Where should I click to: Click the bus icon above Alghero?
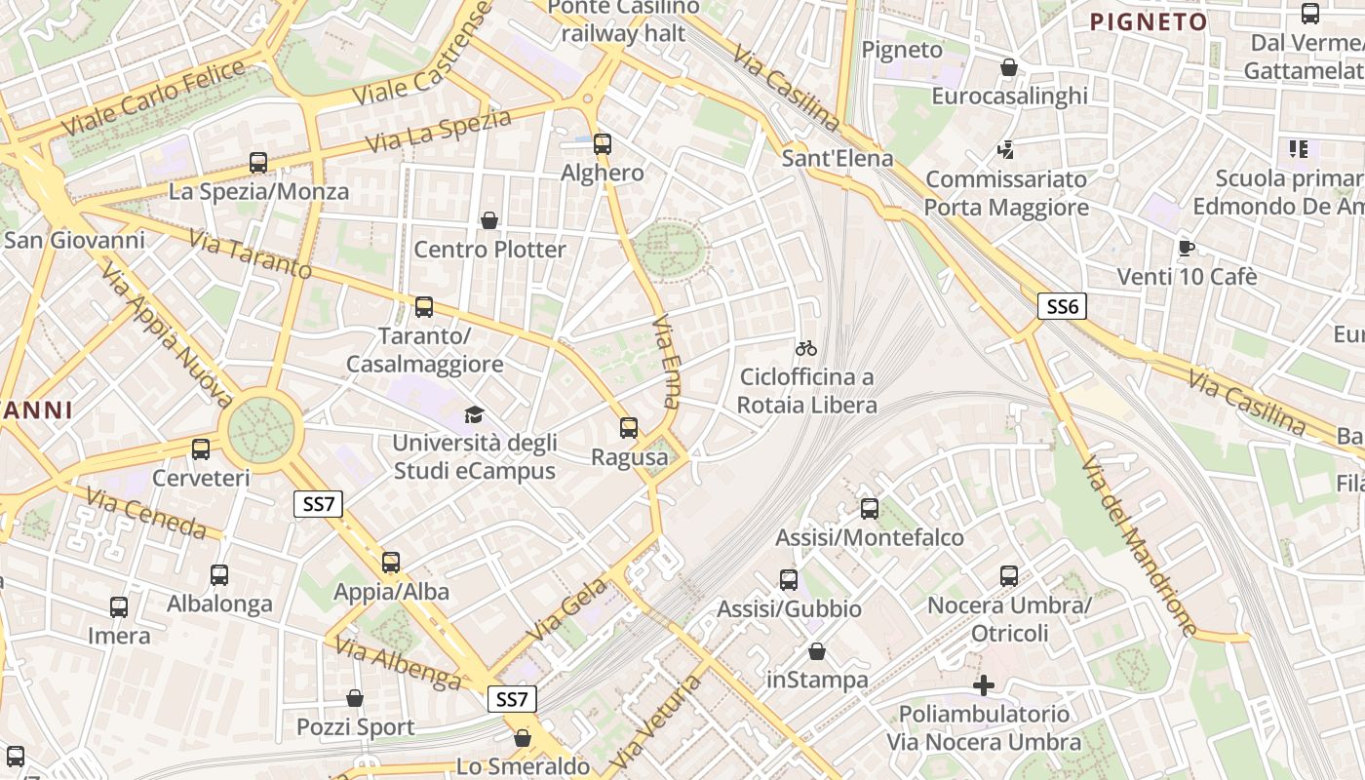coord(603,144)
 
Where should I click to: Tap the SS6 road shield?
coord(1061,307)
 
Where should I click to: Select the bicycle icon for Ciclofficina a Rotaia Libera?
coord(806,348)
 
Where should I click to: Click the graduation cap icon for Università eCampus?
coord(474,414)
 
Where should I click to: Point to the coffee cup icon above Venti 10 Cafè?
coord(1187,248)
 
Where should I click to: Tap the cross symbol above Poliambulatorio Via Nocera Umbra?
coord(984,685)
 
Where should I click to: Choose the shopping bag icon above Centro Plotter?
coord(489,221)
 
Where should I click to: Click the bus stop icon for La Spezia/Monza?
coord(258,163)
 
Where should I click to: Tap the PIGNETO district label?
coord(1148,21)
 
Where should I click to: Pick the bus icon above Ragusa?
coord(629,428)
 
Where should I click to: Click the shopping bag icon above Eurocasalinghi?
coord(1009,68)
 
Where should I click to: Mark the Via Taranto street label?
coord(250,254)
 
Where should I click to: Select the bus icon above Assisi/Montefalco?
coord(870,509)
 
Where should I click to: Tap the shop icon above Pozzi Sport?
coord(355,699)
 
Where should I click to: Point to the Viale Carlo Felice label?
coord(153,98)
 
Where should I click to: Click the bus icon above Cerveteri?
coord(201,449)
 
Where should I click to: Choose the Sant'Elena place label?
coord(824,158)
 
